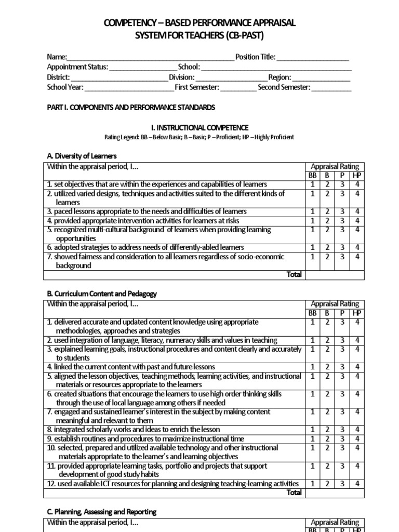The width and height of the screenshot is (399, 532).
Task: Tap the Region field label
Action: pyautogui.click(x=280, y=77)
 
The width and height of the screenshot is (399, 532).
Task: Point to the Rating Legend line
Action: pyautogui.click(x=199, y=137)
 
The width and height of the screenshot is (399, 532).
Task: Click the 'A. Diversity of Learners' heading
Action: pyautogui.click(x=82, y=156)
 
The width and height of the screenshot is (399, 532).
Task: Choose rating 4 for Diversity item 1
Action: pyautogui.click(x=356, y=184)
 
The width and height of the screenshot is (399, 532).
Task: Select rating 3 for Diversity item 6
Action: pyautogui.click(x=342, y=247)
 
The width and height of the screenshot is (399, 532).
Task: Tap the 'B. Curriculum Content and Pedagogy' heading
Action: pyautogui.click(x=102, y=294)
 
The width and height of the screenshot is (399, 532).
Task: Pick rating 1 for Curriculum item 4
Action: pyautogui.click(x=313, y=367)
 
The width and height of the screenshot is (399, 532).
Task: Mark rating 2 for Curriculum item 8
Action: pyautogui.click(x=328, y=429)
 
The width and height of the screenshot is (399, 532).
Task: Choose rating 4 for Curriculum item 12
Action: pyautogui.click(x=356, y=484)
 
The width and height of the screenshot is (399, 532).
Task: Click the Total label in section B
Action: pyautogui.click(x=294, y=493)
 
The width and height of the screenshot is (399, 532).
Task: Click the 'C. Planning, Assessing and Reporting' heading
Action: pyautogui.click(x=101, y=512)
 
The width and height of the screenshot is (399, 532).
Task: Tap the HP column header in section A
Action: pyautogui.click(x=356, y=176)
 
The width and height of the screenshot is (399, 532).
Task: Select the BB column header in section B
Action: pyautogui.click(x=313, y=313)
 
